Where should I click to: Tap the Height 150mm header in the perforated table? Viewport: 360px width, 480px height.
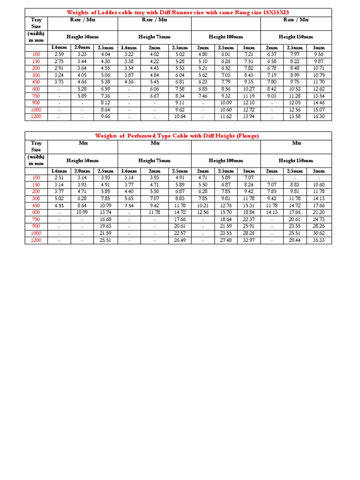tap(296, 160)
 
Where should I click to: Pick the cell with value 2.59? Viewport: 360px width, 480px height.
tap(59, 54)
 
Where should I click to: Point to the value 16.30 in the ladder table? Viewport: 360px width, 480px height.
tap(319, 116)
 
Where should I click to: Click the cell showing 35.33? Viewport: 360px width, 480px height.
tap(319, 240)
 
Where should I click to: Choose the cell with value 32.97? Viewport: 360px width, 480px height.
tap(249, 240)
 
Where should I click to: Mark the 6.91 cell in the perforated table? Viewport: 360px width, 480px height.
tap(59, 205)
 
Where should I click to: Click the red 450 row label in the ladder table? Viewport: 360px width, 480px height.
tap(36, 82)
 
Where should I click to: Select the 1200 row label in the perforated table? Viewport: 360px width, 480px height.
tap(36, 240)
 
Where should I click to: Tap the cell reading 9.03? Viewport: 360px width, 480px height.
tap(272, 96)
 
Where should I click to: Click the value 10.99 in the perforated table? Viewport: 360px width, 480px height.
tap(82, 212)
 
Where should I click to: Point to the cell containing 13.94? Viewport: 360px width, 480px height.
tap(249, 116)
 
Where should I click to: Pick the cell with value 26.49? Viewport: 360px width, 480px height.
tap(180, 240)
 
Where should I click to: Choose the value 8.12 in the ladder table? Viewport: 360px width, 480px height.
tap(105, 102)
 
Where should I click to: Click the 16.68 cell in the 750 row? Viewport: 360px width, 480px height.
tap(105, 219)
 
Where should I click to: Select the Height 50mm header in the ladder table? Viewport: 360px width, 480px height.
tap(82, 37)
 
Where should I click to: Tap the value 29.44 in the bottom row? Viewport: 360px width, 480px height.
tap(295, 240)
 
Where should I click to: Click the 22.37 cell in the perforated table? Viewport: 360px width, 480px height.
tap(249, 219)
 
